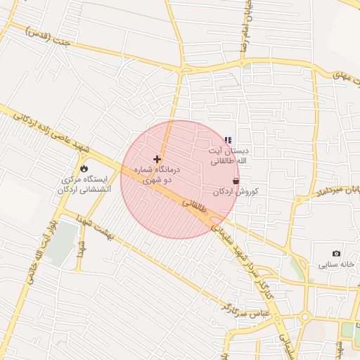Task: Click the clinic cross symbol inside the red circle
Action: coord(157,160)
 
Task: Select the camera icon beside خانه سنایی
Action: coord(336,253)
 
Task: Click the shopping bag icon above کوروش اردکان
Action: coord(236,181)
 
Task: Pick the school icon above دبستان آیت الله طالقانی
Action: coord(228,141)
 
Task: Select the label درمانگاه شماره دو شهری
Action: coord(157,175)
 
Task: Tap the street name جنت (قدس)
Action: coord(49,35)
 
